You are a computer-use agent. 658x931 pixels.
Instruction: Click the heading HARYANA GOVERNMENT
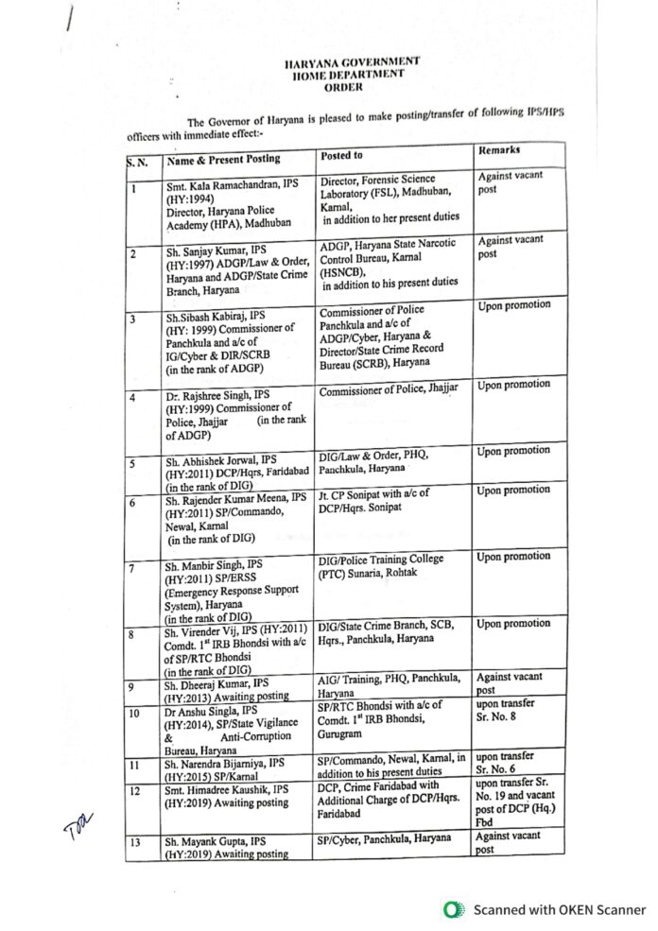(x=352, y=62)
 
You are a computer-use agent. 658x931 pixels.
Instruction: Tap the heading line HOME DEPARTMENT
(x=349, y=74)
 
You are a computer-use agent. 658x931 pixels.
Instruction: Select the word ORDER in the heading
(x=343, y=86)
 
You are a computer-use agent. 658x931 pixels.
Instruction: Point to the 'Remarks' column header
(x=499, y=150)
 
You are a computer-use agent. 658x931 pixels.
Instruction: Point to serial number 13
(x=135, y=840)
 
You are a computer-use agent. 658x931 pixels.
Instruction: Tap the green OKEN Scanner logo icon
(x=454, y=909)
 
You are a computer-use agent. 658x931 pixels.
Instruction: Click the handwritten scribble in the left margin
(x=76, y=829)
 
